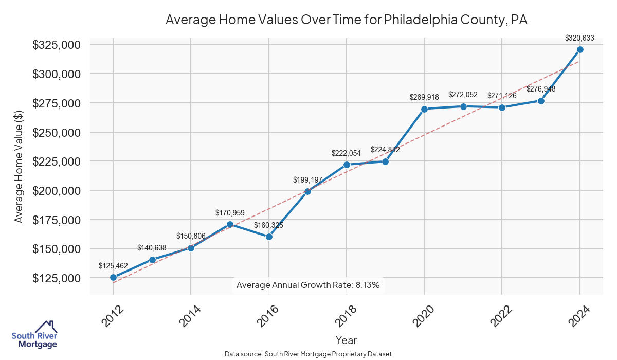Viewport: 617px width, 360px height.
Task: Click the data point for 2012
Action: (113, 277)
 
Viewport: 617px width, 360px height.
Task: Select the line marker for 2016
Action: (269, 237)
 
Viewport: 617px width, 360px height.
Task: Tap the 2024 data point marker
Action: (580, 49)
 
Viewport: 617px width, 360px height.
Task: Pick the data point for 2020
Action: (425, 109)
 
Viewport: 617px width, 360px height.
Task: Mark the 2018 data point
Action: (347, 165)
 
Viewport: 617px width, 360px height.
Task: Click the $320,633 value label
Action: (579, 38)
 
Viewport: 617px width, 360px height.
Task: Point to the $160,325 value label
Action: (269, 225)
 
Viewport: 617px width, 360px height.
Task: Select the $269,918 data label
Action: (424, 97)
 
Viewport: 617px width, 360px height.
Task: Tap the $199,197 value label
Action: (307, 180)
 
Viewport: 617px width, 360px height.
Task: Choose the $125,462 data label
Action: (113, 266)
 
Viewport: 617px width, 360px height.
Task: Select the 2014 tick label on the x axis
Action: (190, 316)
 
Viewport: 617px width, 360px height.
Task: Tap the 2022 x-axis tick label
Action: (501, 316)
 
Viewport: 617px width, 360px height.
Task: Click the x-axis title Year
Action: (346, 340)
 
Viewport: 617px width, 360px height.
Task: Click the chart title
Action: (347, 20)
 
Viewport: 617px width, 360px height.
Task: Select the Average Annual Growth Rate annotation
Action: (308, 285)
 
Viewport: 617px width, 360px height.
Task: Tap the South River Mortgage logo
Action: (35, 335)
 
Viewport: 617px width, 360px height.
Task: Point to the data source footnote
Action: (308, 354)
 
